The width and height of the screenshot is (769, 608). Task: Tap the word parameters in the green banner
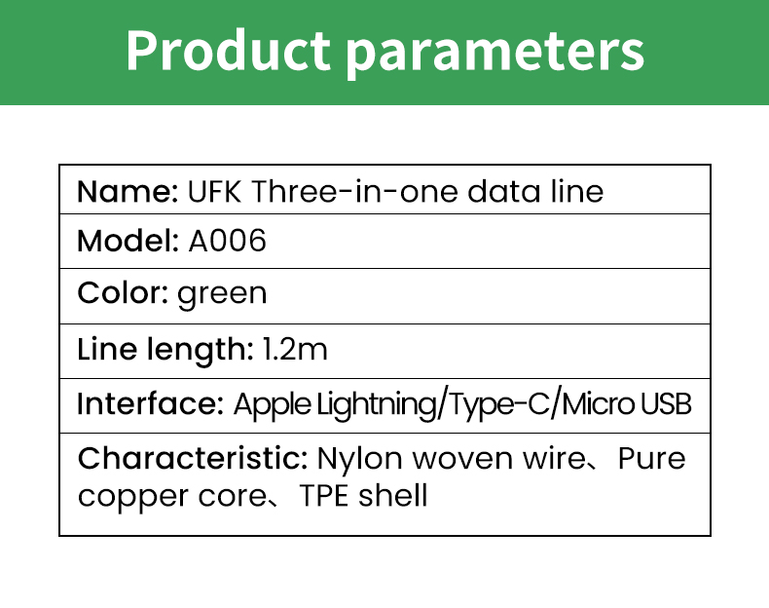[x=495, y=54]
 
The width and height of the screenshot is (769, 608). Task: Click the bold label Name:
[x=128, y=191]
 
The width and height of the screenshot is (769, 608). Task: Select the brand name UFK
[x=215, y=191]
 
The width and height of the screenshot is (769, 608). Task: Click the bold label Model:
[x=128, y=241]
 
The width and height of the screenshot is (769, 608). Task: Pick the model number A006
[x=228, y=241]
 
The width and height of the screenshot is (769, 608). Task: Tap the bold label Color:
[x=123, y=293]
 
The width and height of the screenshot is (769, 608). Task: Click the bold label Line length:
[x=165, y=350]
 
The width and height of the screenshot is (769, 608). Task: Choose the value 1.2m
[x=295, y=350]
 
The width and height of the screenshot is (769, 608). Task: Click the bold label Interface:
[x=150, y=403]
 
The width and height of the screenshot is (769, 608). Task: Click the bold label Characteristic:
[x=193, y=458]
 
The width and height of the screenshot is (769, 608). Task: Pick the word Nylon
[x=360, y=460]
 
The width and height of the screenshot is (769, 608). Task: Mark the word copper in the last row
[x=133, y=498]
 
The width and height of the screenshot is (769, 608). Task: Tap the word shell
[x=393, y=495]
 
